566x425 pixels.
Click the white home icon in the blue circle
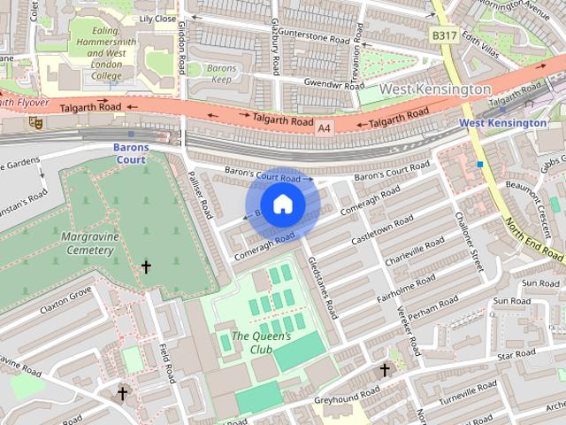pos(282,205)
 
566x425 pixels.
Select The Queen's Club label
pos(260,343)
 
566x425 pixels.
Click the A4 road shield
pos(325,128)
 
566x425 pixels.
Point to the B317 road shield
pos(444,35)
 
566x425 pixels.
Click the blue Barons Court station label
pos(129,153)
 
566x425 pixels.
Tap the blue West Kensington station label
pos(503,123)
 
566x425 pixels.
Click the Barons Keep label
pos(221,73)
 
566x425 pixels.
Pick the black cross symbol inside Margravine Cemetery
pos(146,267)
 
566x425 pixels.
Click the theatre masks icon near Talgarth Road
pos(35,123)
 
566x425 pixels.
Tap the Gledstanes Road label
pos(323,288)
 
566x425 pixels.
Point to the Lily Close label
pos(158,18)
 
